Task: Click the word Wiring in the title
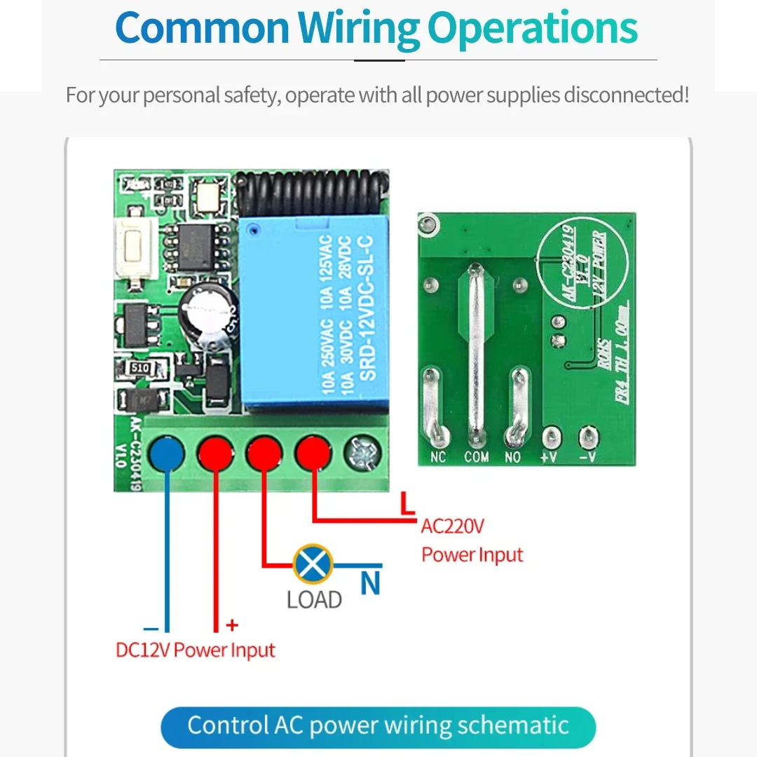pos(358,28)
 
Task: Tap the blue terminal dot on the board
pos(167,453)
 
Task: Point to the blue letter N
pos(371,584)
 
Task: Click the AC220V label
pos(453,526)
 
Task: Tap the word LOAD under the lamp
pos(314,600)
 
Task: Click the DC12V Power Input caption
pos(196,650)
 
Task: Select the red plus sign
pos(232,625)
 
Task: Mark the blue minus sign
pos(151,629)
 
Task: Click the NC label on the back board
pos(437,458)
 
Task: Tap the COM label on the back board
pos(477,458)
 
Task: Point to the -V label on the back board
pos(587,458)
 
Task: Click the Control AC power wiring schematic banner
pos(378,726)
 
